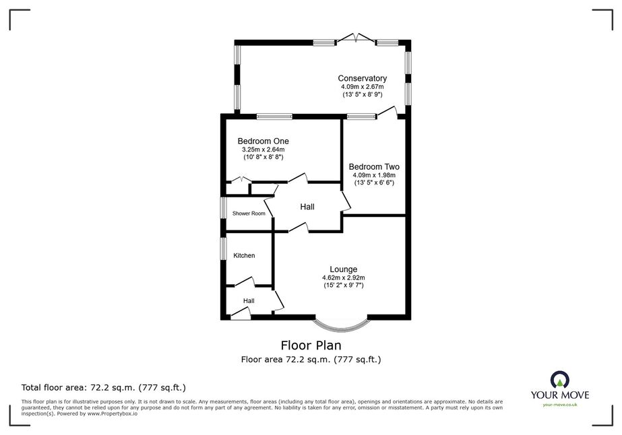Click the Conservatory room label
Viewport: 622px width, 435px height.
(362, 78)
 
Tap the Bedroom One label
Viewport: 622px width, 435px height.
(263, 141)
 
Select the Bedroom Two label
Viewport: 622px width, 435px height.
(374, 166)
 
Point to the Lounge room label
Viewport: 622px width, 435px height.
(344, 269)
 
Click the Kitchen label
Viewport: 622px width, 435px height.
(244, 255)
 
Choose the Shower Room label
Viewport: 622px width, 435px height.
(249, 213)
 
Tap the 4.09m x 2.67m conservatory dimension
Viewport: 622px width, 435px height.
(362, 87)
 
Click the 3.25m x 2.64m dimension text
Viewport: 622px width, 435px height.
(263, 149)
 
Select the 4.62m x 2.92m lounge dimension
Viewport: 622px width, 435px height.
(344, 278)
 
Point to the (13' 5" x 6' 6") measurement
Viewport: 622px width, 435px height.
(374, 182)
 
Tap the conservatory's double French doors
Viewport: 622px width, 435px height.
(356, 38)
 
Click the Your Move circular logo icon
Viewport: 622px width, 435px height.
(560, 380)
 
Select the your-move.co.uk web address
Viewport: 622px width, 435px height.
(560, 405)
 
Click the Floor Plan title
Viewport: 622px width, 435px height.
(311, 345)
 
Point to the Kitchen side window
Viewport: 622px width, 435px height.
(224, 249)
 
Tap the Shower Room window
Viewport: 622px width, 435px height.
(224, 207)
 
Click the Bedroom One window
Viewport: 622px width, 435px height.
(274, 116)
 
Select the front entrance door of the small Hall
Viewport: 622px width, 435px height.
(241, 315)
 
